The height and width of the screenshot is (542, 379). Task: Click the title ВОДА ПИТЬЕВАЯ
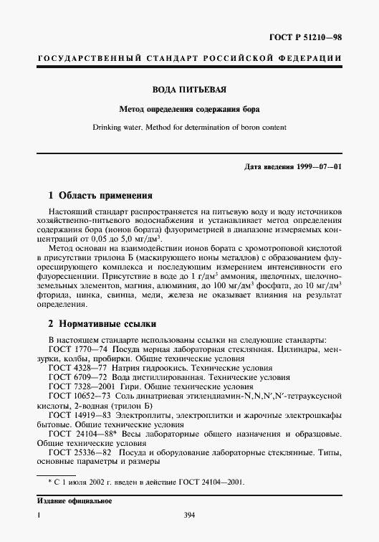(x=189, y=90)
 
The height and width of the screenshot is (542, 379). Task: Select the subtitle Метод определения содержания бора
(x=189, y=110)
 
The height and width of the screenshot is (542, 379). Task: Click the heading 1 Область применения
(x=100, y=195)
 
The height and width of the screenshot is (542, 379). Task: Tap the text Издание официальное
(x=70, y=501)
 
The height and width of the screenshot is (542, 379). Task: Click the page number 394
(x=189, y=514)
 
